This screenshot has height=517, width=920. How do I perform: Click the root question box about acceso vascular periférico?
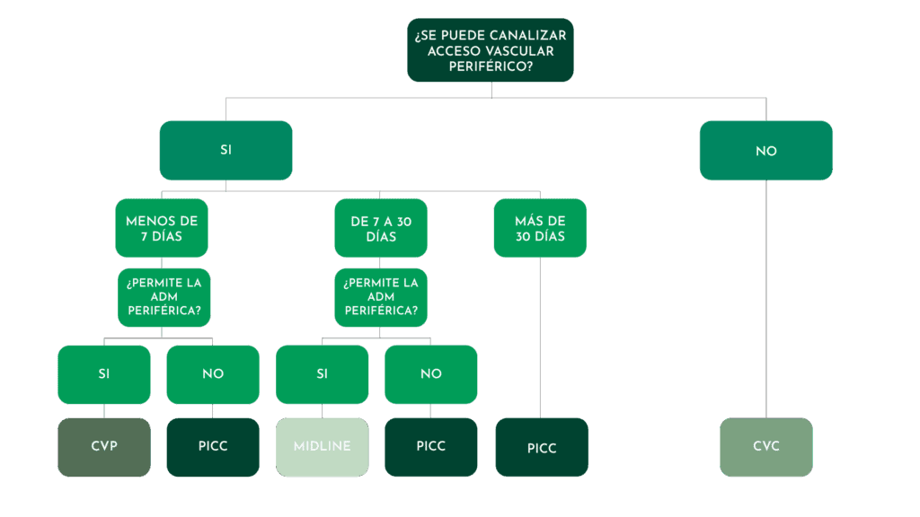490,50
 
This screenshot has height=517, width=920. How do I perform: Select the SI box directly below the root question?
226,150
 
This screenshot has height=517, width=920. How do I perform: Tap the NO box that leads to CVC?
765,151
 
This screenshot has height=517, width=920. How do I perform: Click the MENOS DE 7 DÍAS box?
162,228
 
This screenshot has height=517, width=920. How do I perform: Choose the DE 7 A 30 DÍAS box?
380,228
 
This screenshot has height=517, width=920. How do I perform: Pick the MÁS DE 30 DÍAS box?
540,228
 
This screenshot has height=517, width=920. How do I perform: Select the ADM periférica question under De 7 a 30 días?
380,297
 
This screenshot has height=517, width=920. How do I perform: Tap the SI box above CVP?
104,374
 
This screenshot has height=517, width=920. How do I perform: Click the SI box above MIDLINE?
322,374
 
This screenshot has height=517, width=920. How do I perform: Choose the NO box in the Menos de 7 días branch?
213,374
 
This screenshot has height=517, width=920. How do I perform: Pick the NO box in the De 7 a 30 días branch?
431,374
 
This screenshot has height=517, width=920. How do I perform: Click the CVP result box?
104,446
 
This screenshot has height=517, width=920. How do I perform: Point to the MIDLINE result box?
322,446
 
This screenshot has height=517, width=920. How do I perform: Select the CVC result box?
765,446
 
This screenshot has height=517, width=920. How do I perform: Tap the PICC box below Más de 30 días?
541,447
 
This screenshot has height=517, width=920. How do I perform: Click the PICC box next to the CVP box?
213,446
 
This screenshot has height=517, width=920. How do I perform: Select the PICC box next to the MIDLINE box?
431,446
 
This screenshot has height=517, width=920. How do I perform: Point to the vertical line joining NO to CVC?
766,296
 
